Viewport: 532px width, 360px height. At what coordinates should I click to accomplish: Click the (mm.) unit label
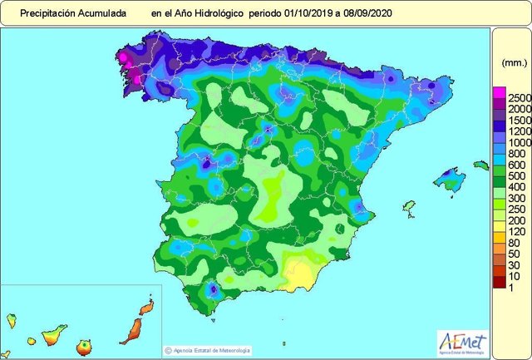click(514, 63)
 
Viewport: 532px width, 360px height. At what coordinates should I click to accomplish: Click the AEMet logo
click(462, 342)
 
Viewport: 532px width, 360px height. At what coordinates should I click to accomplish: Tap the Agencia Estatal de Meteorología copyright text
click(209, 350)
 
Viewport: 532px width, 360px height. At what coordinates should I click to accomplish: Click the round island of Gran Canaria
click(83, 344)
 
